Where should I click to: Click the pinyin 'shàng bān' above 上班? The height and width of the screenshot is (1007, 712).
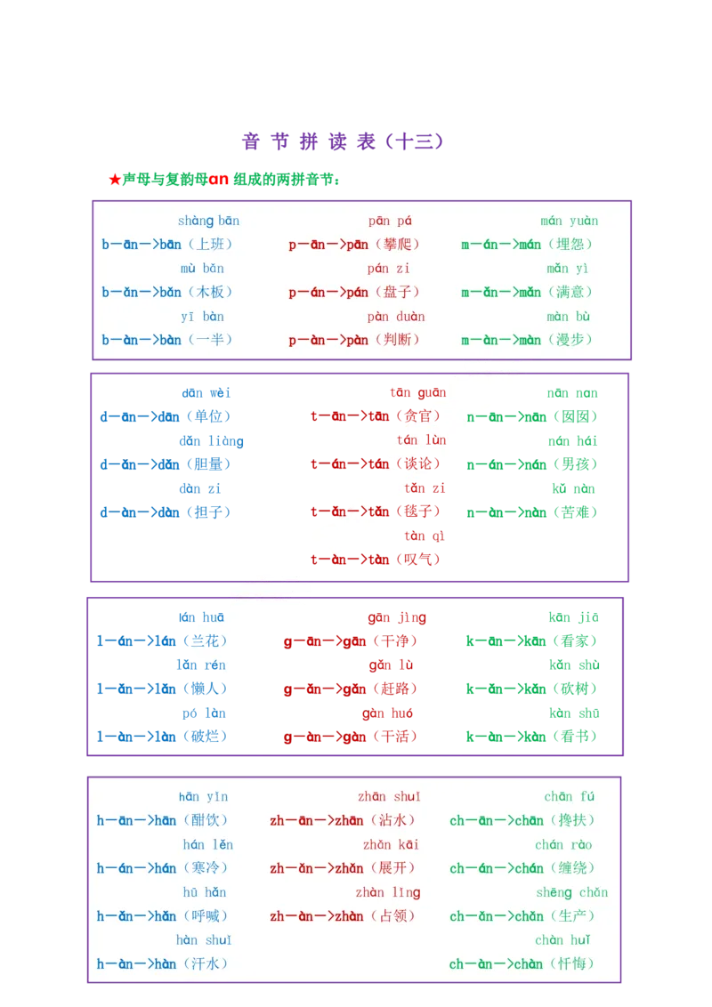tap(208, 221)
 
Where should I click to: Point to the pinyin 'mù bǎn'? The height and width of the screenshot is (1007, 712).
tap(202, 269)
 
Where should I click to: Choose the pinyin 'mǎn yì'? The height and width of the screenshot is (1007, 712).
tap(570, 269)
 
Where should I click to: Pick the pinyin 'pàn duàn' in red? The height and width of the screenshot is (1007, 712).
tap(396, 316)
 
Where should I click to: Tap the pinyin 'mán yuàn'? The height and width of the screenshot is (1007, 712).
tap(570, 221)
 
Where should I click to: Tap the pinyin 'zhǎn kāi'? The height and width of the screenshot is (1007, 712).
tap(391, 844)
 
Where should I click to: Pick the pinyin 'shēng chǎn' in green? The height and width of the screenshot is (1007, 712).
tap(571, 892)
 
